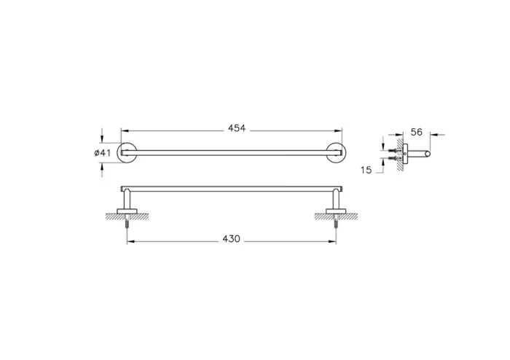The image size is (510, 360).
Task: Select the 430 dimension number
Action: pos(231,238)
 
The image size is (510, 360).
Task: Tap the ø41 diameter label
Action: pos(103,152)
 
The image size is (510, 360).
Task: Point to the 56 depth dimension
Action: pos(417,132)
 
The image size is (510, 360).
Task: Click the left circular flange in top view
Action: pos(127,152)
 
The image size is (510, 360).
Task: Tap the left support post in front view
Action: pos(127,200)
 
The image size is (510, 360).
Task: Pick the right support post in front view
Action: pos(336,200)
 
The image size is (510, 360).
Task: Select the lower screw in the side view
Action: pos(393,157)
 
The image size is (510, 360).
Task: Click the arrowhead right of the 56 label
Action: pos(433,133)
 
